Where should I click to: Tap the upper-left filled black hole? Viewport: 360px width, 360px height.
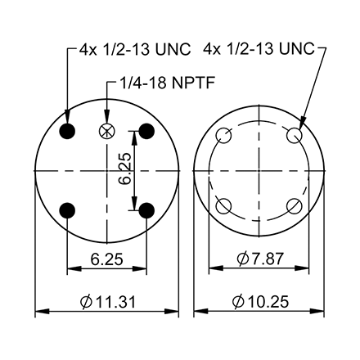click(67, 131)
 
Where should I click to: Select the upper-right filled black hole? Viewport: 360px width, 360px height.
click(146, 131)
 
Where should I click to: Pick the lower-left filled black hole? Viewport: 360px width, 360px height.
click(67, 210)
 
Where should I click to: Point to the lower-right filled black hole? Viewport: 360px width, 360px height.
click(146, 210)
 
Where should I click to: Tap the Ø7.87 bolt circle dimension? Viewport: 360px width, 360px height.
click(260, 259)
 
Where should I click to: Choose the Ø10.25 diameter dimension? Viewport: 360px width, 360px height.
click(260, 302)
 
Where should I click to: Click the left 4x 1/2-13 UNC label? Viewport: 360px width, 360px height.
click(135, 50)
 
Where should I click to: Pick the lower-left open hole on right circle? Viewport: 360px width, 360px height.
click(221, 205)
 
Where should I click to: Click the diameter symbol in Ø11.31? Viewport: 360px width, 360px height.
click(86, 302)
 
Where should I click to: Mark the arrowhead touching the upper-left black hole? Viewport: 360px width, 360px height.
click(67, 119)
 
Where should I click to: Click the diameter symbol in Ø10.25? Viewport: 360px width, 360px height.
click(238, 302)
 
